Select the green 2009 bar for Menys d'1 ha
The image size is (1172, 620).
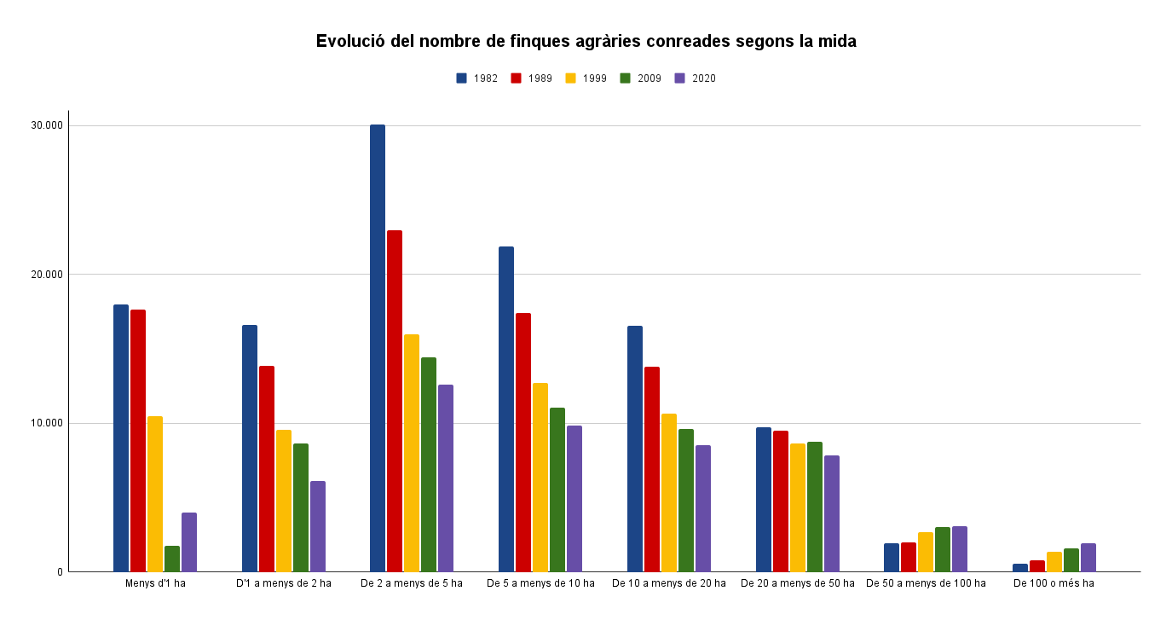(172, 559)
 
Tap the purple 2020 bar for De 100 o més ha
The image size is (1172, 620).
(1088, 558)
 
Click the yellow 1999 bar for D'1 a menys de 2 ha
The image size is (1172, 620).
(284, 501)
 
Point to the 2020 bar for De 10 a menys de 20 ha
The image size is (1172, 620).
(703, 508)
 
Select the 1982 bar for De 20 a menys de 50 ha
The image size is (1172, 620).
(764, 499)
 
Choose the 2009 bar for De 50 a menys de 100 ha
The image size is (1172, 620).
(943, 549)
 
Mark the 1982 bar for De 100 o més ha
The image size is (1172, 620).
(1020, 568)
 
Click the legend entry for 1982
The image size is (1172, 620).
(477, 78)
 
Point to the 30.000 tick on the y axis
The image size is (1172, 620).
(48, 125)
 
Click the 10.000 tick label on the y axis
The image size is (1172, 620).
(48, 423)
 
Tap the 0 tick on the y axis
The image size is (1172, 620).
(61, 572)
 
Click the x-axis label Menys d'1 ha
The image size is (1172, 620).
(155, 583)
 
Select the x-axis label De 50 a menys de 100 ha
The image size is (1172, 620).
(926, 583)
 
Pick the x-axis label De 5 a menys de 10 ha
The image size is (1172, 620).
(540, 583)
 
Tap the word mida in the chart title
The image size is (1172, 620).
(837, 41)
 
